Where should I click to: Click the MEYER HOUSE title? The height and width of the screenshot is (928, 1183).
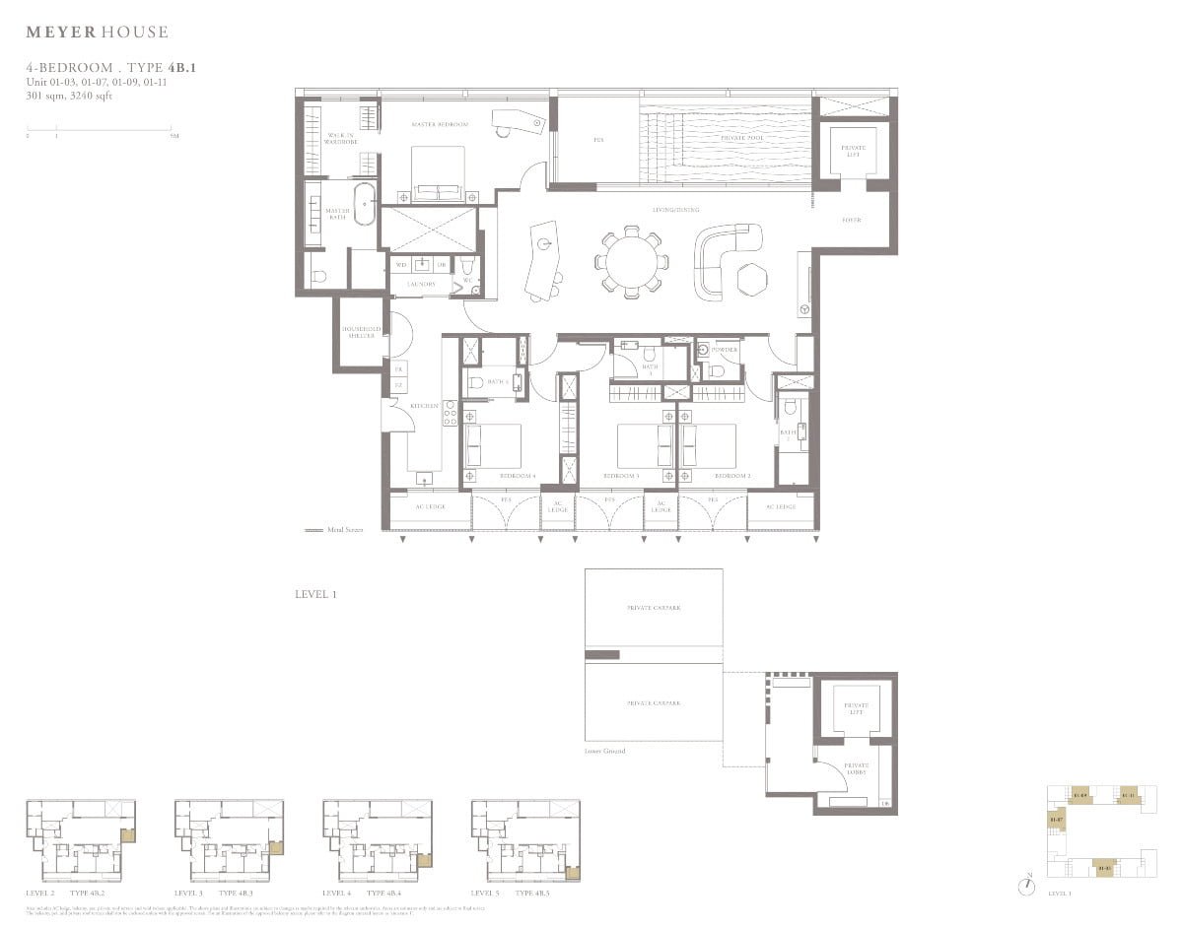97,33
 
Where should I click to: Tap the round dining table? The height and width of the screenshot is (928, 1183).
631,262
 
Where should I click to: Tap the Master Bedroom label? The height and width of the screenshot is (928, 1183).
440,125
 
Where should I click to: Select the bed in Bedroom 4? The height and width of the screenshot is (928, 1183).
492,444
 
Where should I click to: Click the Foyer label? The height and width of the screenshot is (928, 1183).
852,220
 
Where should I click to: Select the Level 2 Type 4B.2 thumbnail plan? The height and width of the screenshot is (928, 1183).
79,840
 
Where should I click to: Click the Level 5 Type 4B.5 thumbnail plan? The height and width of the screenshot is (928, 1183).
525,840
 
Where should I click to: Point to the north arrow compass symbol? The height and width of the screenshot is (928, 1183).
1029,885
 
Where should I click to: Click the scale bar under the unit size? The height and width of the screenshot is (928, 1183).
99,130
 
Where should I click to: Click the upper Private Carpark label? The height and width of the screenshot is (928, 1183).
654,608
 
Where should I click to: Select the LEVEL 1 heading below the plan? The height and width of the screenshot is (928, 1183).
315,594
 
